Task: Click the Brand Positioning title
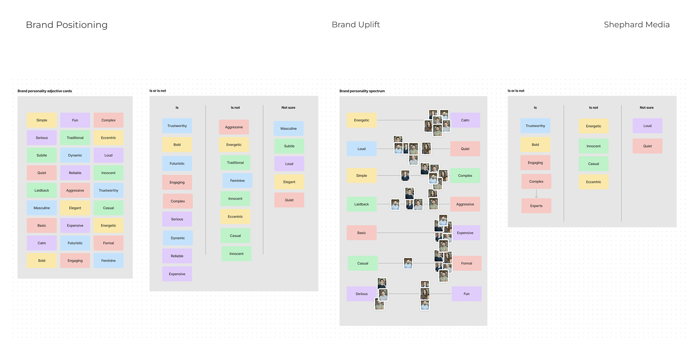pos(67,25)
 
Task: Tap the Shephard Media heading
pos(636,25)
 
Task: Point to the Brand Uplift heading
pos(355,25)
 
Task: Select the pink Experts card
pos(536,206)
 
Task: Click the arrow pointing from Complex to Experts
pos(536,194)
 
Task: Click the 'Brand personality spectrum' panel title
pos(362,91)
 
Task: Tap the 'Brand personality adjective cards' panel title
pos(45,91)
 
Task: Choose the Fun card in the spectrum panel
pos(466,294)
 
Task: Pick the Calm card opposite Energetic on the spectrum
pos(465,120)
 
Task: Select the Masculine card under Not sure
pos(288,129)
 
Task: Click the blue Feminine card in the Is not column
pos(237,181)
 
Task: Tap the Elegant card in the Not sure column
pos(289,182)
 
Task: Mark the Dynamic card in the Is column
pos(178,238)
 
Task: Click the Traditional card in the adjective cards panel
pos(75,138)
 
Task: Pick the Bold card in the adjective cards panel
pos(42,261)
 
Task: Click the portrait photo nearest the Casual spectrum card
pos(408,263)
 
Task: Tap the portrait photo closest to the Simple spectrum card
pos(405,175)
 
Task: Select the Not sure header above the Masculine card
pos(288,108)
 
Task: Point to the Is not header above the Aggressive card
pos(235,108)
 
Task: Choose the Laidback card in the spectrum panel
pos(362,204)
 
